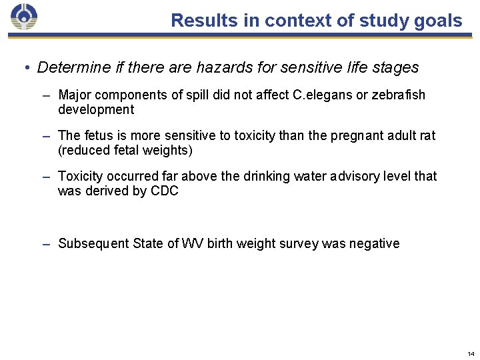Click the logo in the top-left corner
click(25, 17)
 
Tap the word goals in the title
click(437, 21)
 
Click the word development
click(96, 109)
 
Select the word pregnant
click(357, 135)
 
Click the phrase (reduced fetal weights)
click(125, 150)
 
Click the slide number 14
click(471, 353)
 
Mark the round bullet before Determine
click(25, 68)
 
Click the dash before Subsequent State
click(46, 243)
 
